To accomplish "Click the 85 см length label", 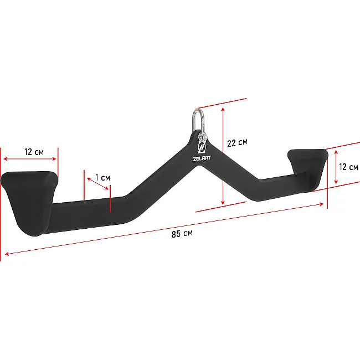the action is [182, 234].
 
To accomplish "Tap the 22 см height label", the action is [237, 143].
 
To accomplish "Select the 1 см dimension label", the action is [102, 177].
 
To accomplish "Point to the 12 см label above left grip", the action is [34, 152].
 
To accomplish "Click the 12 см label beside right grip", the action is [348, 167].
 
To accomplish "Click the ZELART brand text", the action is [202, 158].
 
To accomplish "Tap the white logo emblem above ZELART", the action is [202, 147].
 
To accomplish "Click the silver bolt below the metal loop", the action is [202, 137].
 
